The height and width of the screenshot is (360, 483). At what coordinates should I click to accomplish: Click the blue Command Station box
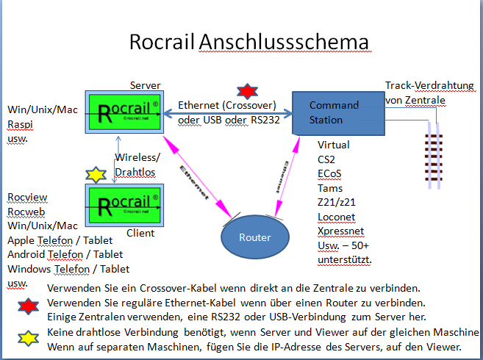[x=337, y=112]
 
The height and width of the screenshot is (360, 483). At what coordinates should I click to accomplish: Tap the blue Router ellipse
[x=254, y=237]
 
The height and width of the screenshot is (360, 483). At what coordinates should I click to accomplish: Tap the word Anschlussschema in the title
[x=284, y=42]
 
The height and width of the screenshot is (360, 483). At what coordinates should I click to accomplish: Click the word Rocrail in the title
[x=162, y=42]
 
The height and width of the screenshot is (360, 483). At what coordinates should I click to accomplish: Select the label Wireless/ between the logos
[x=137, y=158]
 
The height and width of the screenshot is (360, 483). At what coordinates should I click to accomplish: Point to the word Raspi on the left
[x=20, y=123]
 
